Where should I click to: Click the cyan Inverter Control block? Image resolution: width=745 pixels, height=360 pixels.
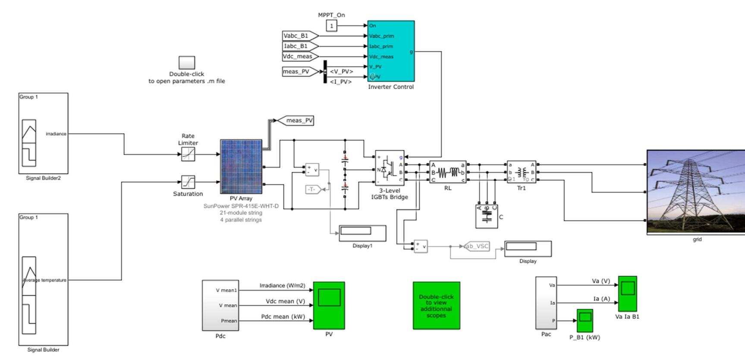[391, 51]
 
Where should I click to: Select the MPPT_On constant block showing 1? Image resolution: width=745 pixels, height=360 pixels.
[331, 26]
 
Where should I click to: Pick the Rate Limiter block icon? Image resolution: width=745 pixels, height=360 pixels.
[188, 154]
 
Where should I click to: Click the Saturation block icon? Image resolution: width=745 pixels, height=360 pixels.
[188, 182]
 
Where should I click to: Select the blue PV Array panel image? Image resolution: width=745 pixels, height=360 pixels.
[241, 167]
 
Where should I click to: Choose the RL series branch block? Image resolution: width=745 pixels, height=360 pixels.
[448, 172]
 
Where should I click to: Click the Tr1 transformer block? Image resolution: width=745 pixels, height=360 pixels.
[521, 172]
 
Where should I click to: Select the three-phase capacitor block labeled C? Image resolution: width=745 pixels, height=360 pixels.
[486, 216]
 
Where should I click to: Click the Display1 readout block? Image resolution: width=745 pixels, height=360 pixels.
[362, 233]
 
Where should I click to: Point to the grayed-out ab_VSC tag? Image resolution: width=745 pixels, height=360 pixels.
[476, 246]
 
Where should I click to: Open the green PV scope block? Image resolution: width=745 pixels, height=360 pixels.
[329, 305]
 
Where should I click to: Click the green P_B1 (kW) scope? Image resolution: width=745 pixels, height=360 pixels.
[585, 320]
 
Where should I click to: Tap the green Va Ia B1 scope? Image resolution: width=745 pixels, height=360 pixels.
[627, 294]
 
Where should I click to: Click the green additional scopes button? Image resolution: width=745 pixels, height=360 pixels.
[436, 306]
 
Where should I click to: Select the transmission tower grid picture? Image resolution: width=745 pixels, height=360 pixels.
[695, 192]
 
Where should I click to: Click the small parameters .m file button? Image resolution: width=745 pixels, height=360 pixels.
[187, 63]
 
